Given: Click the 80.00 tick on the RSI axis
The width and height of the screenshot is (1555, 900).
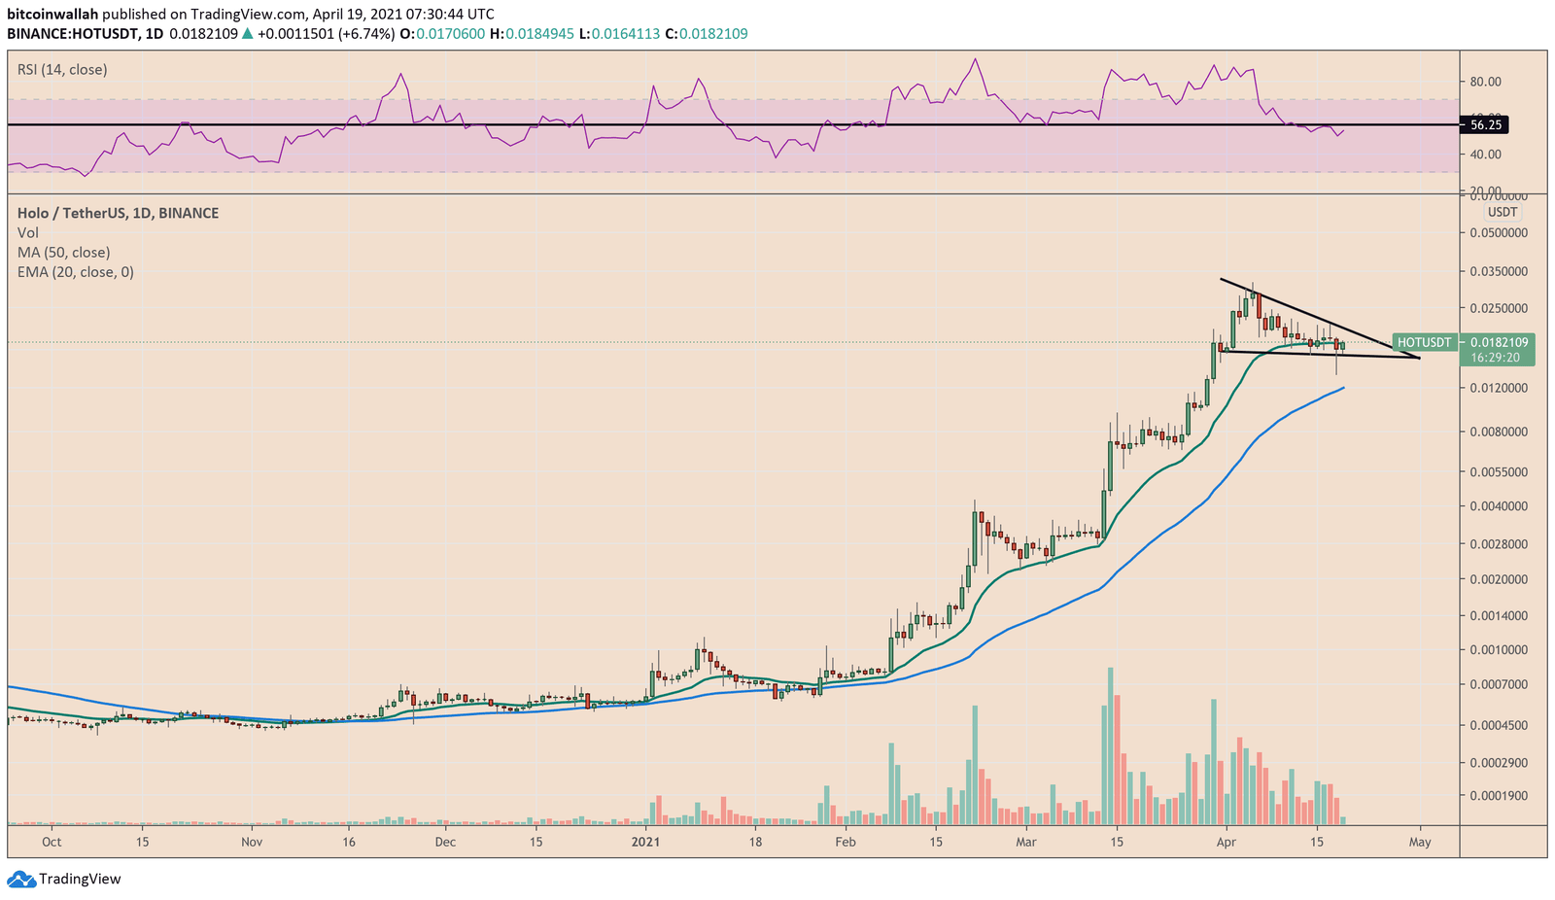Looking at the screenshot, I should click(1486, 82).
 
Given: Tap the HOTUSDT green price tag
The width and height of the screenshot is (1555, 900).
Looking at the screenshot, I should click(1424, 342).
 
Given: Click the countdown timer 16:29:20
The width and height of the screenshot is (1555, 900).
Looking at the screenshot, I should click(1495, 358).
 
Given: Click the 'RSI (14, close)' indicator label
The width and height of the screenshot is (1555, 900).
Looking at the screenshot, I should click(62, 70).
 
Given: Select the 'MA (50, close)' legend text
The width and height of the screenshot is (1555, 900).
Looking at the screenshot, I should click(63, 253).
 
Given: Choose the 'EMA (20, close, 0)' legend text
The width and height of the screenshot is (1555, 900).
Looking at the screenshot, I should click(75, 272).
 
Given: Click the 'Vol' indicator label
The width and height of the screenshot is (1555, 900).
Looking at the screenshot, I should click(27, 233).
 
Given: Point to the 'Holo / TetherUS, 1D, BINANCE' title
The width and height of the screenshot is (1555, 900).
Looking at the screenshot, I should click(118, 213).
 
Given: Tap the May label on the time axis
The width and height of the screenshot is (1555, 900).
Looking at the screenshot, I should click(1420, 842).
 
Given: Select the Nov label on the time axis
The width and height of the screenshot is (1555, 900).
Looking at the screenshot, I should click(252, 842).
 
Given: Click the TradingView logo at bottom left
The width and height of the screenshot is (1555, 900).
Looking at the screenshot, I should click(65, 880).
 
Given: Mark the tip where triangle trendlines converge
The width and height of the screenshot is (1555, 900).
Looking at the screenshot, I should click(1419, 359).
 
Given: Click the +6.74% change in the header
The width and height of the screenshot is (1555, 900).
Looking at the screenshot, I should click(368, 34).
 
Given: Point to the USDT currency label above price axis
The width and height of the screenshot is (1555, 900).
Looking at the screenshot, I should click(1503, 212).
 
